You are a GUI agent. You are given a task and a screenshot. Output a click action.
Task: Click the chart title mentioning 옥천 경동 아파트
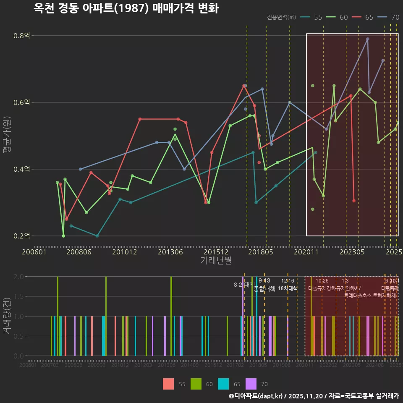pos(126,8)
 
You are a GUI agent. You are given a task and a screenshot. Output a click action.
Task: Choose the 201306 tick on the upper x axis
pos(170,252)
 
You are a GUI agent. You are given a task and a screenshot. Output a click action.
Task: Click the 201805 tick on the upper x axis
pos(261,252)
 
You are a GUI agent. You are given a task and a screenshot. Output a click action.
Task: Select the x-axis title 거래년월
pos(216,261)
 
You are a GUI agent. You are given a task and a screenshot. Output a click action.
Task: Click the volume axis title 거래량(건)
pos(7,316)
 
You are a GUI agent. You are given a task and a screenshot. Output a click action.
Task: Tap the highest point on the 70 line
pos(367,39)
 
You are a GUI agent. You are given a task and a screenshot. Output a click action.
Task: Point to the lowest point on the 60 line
pos(63,236)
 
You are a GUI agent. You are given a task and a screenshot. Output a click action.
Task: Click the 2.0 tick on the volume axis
pos(18,277)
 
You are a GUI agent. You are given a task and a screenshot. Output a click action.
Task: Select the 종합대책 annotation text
pos(265,288)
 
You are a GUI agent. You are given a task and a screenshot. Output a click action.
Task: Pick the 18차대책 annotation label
pos(288,288)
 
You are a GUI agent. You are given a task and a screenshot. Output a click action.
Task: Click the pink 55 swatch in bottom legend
pos(168,384)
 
